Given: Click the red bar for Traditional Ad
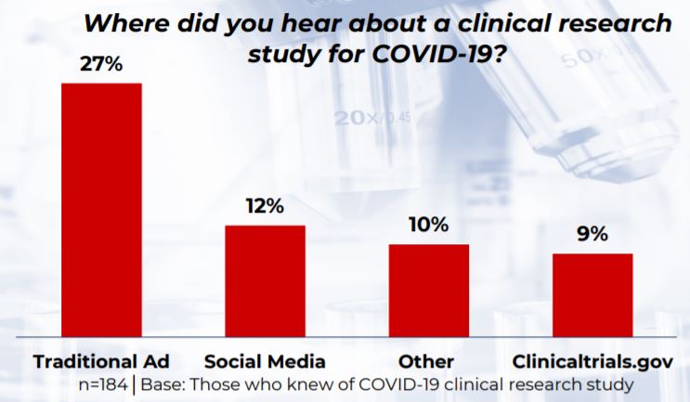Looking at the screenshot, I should pyautogui.click(x=101, y=209).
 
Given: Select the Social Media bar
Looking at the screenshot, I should pyautogui.click(x=265, y=279).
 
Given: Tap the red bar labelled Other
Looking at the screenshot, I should pyautogui.click(x=428, y=290).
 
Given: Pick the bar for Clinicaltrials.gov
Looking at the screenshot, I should pyautogui.click(x=592, y=293).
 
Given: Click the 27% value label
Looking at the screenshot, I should pyautogui.click(x=101, y=66).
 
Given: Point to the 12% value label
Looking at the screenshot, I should pyautogui.click(x=265, y=206).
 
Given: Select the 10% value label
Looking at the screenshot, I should pyautogui.click(x=428, y=226).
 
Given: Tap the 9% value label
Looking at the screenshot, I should pyautogui.click(x=592, y=234).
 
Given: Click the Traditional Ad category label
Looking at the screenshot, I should pyautogui.click(x=101, y=360).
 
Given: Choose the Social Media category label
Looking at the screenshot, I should pyautogui.click(x=265, y=360).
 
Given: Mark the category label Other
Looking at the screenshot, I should pyautogui.click(x=428, y=360).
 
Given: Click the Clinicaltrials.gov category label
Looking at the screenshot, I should pyautogui.click(x=592, y=360).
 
